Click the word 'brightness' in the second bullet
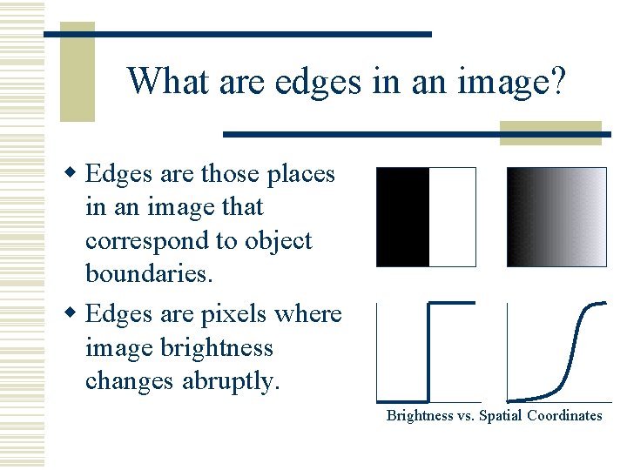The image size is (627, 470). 219,348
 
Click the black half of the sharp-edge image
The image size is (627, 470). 403,217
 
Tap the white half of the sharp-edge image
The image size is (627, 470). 453,217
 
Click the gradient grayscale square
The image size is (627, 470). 556,217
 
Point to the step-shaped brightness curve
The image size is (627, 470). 429,348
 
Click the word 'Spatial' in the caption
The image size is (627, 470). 499,416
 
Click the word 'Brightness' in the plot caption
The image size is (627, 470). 420,416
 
